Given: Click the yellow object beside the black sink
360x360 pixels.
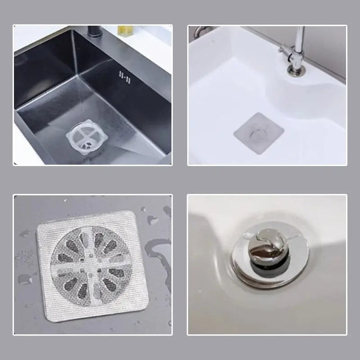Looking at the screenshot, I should click(x=124, y=30).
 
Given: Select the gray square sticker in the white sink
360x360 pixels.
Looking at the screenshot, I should click(x=258, y=133).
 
